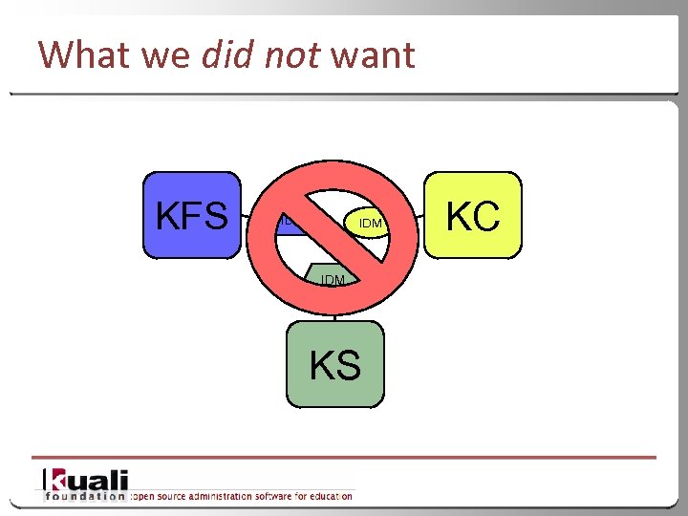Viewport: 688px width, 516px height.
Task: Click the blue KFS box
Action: coord(192,216)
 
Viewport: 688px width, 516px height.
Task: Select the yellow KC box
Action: coord(473,216)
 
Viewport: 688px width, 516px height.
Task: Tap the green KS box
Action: coord(335,364)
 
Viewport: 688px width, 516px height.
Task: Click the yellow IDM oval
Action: coord(371,223)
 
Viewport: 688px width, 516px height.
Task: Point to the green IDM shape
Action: coord(333,278)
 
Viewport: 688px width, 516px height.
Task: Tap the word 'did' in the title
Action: coord(227,54)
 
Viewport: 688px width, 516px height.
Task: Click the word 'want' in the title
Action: coord(373,54)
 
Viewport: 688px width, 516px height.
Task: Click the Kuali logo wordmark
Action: coord(86,480)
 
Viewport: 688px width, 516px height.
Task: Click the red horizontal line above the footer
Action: coord(344,458)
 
